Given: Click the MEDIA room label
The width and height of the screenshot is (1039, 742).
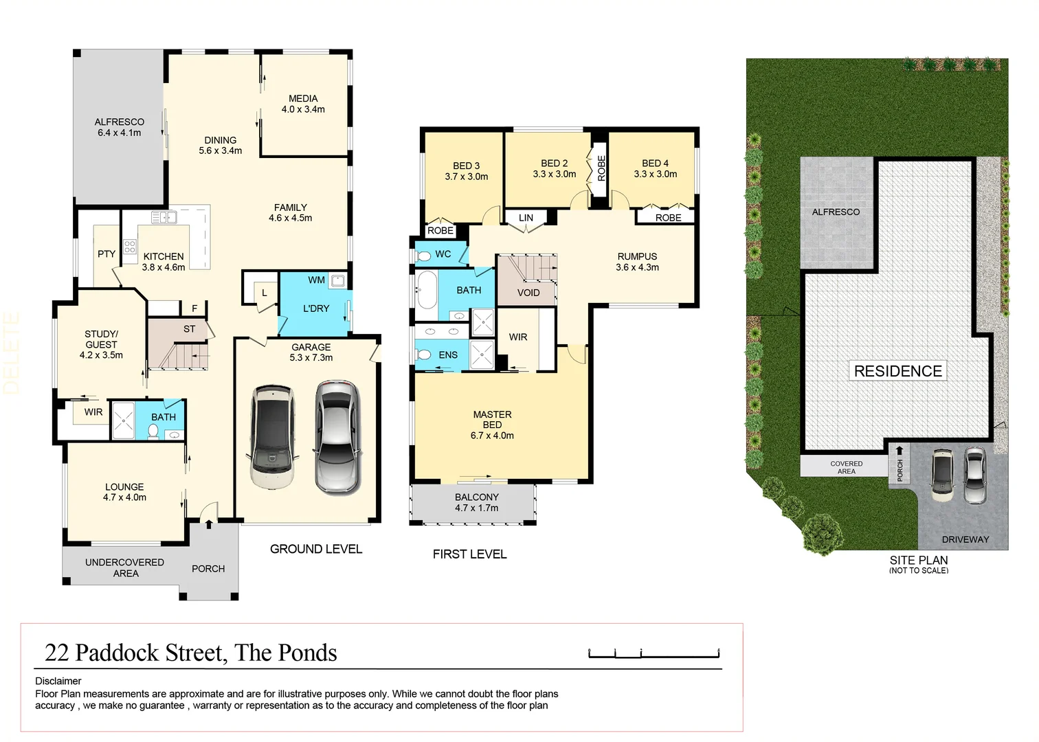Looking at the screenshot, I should click(303, 104).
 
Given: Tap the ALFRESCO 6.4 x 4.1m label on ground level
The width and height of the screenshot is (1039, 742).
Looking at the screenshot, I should click(120, 127).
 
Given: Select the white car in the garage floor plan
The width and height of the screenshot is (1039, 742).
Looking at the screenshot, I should click(273, 437).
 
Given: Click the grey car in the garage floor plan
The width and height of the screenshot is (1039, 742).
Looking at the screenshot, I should click(337, 437).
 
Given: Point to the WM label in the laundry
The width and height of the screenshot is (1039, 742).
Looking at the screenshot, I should click(316, 280).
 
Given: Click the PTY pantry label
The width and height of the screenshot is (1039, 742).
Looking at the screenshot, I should click(107, 254).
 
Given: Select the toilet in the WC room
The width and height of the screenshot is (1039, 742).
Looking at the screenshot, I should click(424, 255).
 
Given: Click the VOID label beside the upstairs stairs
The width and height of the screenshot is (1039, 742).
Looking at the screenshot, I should click(528, 293).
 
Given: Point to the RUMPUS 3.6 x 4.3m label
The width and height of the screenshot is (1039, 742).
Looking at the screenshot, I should click(637, 262).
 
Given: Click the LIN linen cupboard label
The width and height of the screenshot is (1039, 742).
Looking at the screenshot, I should click(526, 218).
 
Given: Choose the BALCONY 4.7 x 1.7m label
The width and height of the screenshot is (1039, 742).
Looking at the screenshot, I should click(476, 502).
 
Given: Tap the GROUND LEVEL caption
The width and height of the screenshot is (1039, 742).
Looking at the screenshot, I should click(315, 549).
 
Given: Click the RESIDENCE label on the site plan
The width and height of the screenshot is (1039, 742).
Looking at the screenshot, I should click(897, 371).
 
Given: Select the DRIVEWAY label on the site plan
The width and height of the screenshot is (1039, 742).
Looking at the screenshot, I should click(965, 539).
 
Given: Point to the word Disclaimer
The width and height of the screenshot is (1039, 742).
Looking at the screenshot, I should click(58, 681).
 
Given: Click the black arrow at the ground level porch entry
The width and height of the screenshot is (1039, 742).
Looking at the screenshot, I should click(208, 524).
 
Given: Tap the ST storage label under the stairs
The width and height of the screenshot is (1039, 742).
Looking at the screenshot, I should click(189, 329).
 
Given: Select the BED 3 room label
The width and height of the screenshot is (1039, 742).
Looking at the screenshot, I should click(467, 171).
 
